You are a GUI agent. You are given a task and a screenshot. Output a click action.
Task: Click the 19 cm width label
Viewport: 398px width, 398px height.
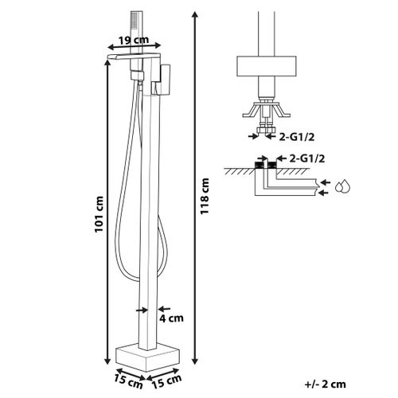point(134,40)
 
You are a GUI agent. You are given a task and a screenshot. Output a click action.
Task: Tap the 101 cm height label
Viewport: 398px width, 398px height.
point(99,214)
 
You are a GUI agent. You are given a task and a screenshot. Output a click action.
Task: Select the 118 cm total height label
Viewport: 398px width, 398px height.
point(205,197)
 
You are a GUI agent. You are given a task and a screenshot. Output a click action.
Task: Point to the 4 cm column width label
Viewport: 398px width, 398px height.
point(171,318)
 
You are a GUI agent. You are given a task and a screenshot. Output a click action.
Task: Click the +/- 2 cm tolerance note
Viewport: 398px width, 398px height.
point(326,384)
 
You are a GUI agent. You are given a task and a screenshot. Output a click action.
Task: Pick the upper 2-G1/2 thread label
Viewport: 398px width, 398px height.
point(297,137)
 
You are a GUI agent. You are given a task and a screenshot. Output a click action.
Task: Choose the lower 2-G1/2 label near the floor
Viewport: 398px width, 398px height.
point(307,158)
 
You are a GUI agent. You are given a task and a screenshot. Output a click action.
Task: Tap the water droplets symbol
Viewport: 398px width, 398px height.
point(343,186)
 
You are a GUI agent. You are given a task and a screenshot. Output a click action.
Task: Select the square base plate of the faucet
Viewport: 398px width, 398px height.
point(148,357)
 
